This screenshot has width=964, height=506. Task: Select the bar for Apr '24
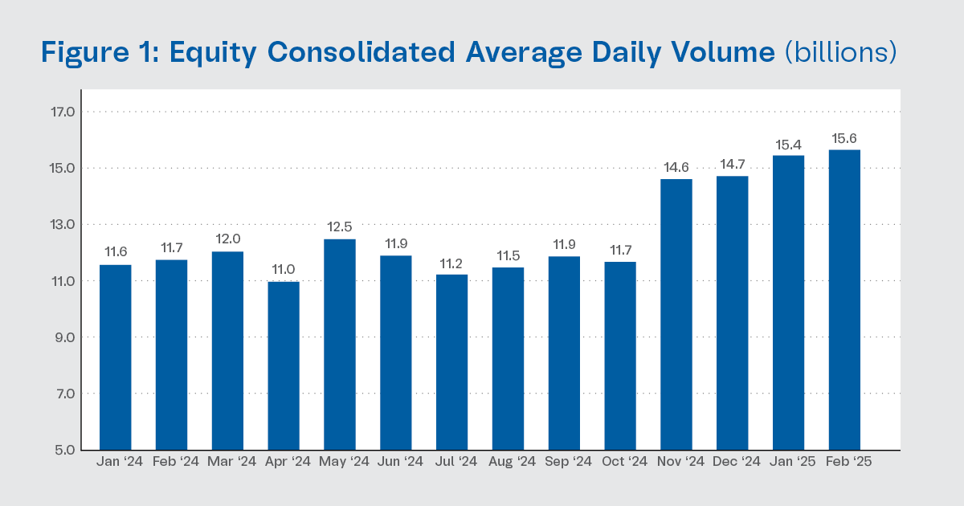pos(284,365)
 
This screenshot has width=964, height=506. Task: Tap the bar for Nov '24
pos(676,314)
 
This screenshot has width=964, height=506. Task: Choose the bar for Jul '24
pos(451,361)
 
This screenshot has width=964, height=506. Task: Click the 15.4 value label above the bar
pos(788,145)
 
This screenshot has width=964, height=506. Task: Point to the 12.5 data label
pos(340,228)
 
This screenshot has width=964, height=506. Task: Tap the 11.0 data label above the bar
pos(284,271)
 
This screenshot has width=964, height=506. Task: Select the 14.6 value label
pos(676,168)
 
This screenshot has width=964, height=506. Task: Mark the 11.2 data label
pos(451,263)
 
